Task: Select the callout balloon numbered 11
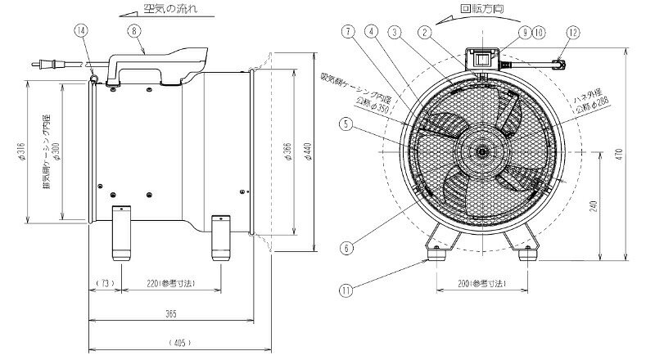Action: click(348, 289)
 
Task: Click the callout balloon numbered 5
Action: click(348, 125)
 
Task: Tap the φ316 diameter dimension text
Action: click(19, 152)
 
